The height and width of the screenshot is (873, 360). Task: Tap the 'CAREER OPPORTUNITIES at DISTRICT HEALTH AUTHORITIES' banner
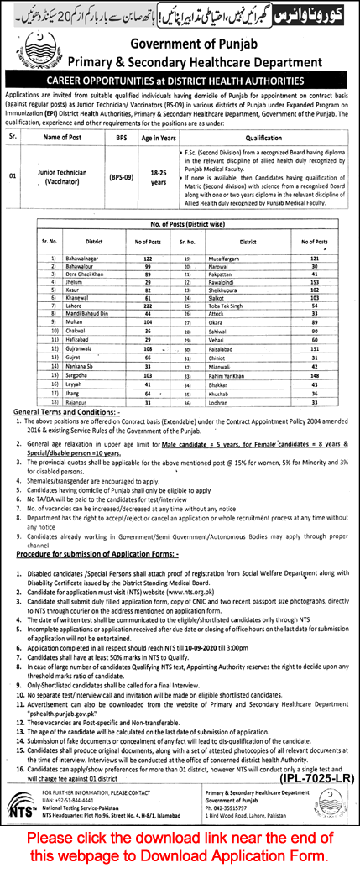180,81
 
